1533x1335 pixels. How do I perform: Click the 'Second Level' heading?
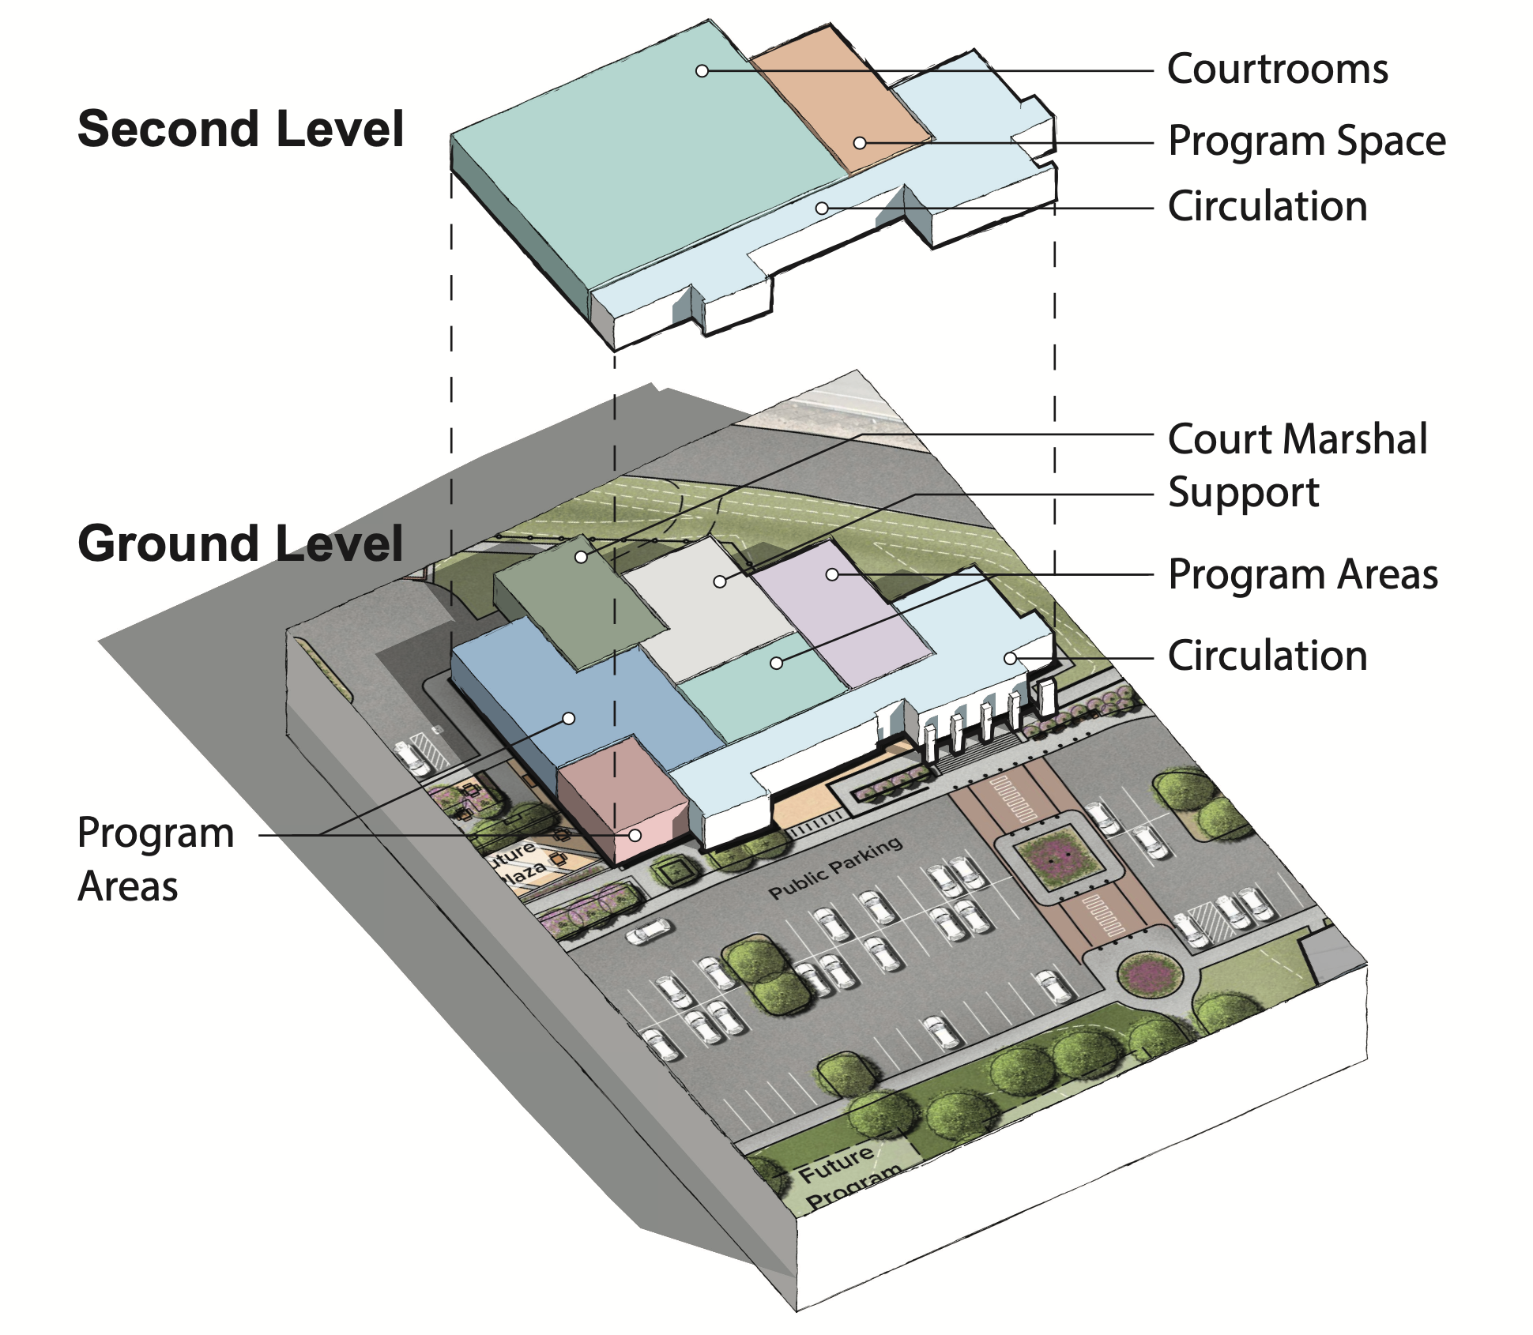pyautogui.click(x=241, y=130)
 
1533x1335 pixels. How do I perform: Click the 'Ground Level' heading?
pyautogui.click(x=241, y=543)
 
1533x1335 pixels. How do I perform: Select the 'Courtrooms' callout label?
pyautogui.click(x=1277, y=70)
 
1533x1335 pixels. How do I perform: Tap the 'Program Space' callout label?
pyautogui.click(x=1307, y=141)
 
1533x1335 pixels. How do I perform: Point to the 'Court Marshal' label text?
pyautogui.click(x=1298, y=439)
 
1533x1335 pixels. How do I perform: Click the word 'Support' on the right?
pyautogui.click(x=1244, y=493)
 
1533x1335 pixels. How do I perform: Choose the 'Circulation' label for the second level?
pyautogui.click(x=1267, y=207)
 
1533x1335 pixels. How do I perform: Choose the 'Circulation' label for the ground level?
pyautogui.click(x=1267, y=656)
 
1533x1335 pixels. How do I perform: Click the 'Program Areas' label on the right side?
pyautogui.click(x=1303, y=574)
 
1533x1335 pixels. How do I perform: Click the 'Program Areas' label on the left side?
pyautogui.click(x=156, y=859)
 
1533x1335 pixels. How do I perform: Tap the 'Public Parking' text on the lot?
pyautogui.click(x=835, y=868)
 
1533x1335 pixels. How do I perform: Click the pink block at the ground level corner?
pyautogui.click(x=624, y=798)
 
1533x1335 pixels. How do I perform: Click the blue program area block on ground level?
pyautogui.click(x=577, y=695)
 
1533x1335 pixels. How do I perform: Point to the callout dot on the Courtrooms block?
pyautogui.click(x=702, y=71)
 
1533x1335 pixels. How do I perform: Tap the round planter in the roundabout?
pyautogui.click(x=1151, y=976)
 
